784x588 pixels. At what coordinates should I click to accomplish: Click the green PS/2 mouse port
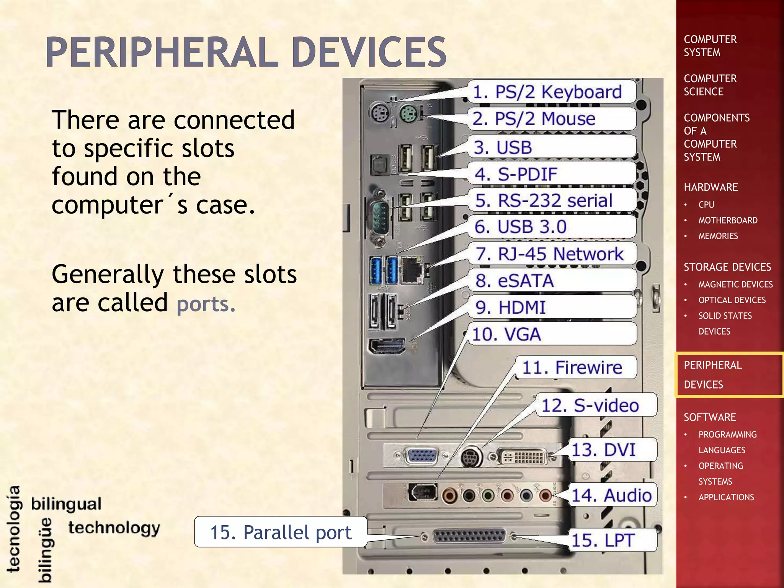tap(407, 114)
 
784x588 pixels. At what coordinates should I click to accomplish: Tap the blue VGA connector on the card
tap(423, 456)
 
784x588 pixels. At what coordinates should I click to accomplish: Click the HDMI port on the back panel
tap(387, 347)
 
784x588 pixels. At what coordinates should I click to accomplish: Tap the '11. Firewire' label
tap(572, 367)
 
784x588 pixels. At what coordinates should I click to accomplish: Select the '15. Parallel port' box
tap(281, 532)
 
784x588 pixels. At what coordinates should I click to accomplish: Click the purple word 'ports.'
tap(206, 304)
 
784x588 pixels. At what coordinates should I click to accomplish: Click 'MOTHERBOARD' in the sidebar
tap(727, 220)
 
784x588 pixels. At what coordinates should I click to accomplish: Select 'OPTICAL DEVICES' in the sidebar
tap(732, 300)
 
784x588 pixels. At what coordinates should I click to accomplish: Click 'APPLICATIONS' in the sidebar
tap(726, 497)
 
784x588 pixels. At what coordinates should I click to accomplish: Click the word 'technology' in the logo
tap(114, 528)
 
